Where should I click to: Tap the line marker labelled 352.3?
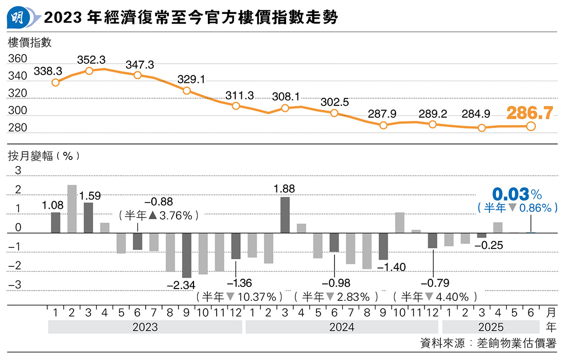coord(89,71)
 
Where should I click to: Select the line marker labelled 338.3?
coord(56,82)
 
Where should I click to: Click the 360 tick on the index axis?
coord(18,59)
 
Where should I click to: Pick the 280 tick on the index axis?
coord(18,128)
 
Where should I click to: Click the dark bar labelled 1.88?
coord(285,215)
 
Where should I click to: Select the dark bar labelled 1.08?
coord(56,223)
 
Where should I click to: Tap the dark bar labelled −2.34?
coord(187,255)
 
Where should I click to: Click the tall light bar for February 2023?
coord(72,209)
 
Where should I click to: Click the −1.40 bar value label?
coord(392,266)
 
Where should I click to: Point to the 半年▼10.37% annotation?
coord(239,297)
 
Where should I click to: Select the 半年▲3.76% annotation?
coord(158,216)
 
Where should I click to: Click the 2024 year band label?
coord(342,327)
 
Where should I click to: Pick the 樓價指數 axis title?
coord(29,43)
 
